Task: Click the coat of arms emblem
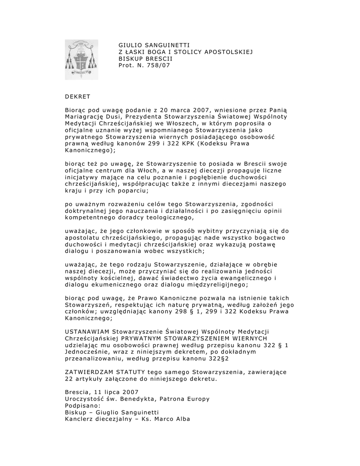81,59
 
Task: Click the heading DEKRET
77,96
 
